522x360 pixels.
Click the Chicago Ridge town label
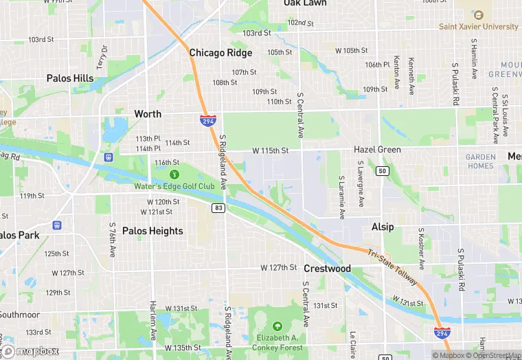coord(220,53)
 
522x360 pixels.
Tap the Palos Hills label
coord(70,78)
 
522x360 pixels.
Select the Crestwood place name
coord(328,269)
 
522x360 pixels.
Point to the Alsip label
coord(383,227)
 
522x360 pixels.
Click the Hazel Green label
coord(377,150)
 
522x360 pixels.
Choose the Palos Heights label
coord(152,231)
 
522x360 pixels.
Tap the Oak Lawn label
coord(305,3)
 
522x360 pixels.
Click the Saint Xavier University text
coord(479,27)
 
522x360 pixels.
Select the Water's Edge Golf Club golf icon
coord(174,175)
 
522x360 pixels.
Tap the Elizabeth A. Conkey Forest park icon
coord(277,326)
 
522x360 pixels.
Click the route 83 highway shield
coord(219,208)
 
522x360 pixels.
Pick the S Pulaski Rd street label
coord(455,85)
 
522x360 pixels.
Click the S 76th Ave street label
coord(113,238)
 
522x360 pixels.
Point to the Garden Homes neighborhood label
coord(480,161)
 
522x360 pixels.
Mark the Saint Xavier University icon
coord(479,14)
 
